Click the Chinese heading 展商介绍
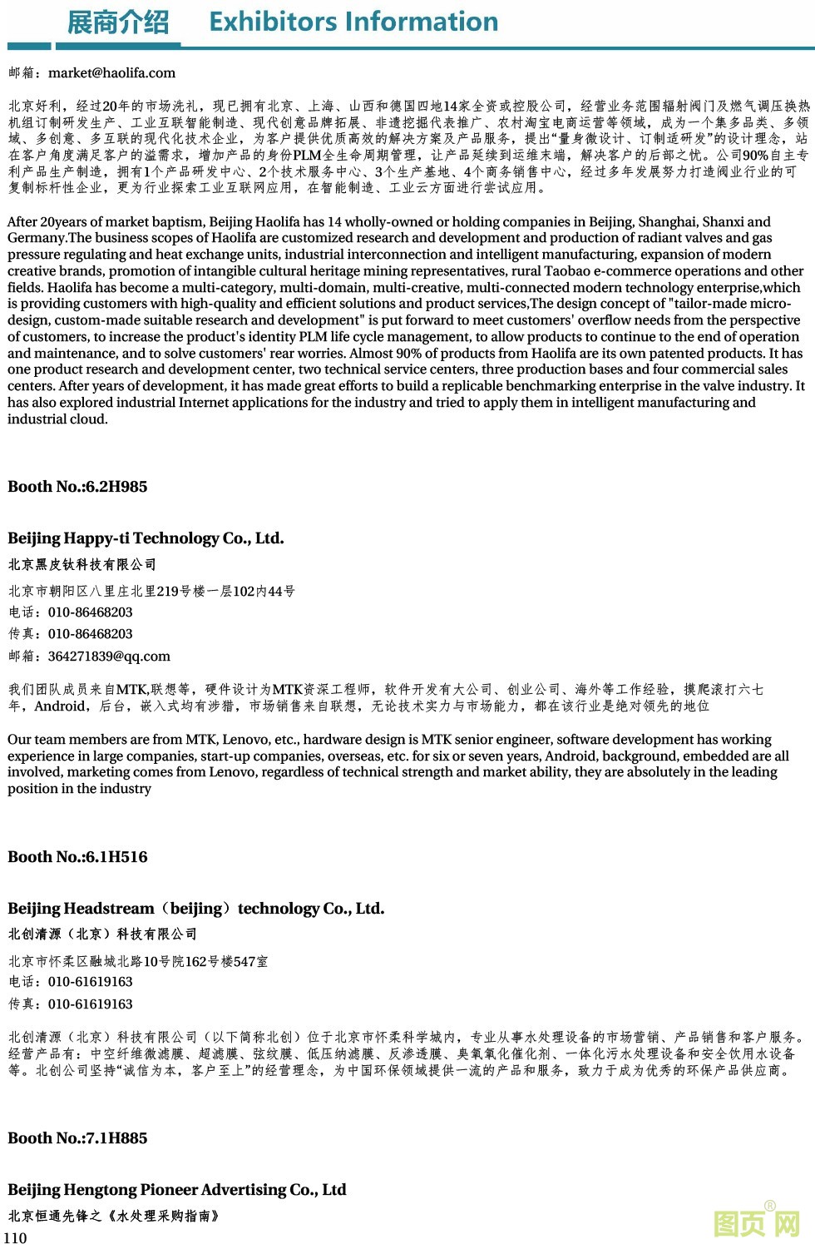coord(117,22)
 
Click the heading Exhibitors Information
coord(353,21)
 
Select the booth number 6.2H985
coord(77,487)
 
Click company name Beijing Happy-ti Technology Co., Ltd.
coord(146,538)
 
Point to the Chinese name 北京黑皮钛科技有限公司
coord(82,564)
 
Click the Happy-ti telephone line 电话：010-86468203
coord(71,612)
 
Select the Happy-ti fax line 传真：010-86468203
coord(71,633)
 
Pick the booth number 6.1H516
coord(77,857)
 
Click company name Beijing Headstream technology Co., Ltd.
coord(196,909)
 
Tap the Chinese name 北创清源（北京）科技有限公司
coord(103,934)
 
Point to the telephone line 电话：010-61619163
coord(71,982)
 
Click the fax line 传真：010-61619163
coord(71,1004)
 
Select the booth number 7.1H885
coord(77,1138)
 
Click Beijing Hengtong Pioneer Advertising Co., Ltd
coord(176,1190)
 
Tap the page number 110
coord(15,1237)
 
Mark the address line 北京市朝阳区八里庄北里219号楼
coord(151,591)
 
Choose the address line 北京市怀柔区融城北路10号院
coord(138,961)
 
